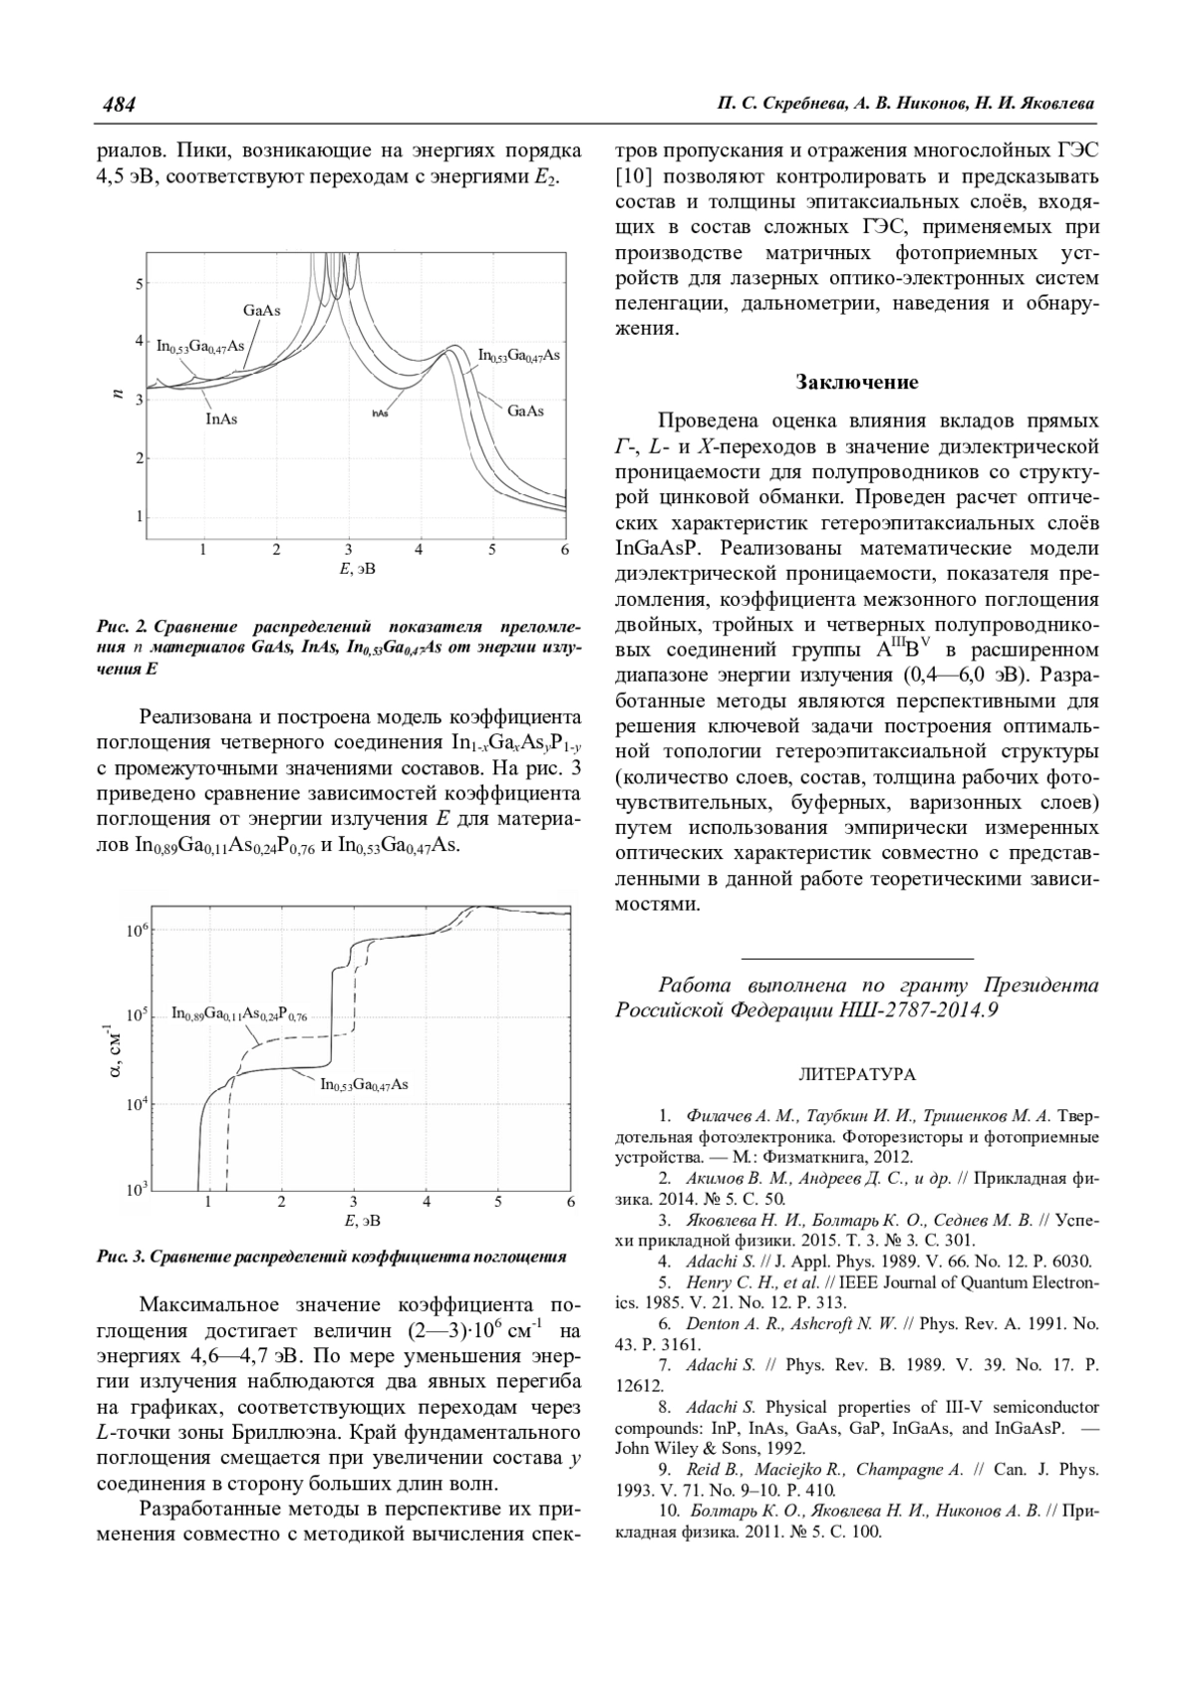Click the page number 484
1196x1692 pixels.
tap(118, 105)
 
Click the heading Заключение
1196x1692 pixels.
tap(856, 382)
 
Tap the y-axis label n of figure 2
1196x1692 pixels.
tap(118, 397)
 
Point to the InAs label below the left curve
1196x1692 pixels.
tap(221, 419)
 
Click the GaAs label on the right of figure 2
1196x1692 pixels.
tap(525, 411)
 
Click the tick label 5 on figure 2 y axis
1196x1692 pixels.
tap(139, 284)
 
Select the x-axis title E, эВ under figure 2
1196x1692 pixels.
tap(358, 569)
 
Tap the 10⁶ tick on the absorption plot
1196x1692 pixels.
tap(138, 930)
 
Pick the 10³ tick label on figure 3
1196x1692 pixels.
tap(138, 1189)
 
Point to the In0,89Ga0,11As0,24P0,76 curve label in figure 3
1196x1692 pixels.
tap(239, 1014)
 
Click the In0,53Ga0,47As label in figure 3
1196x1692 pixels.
tap(364, 1084)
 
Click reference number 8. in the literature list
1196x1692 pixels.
tap(665, 1407)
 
